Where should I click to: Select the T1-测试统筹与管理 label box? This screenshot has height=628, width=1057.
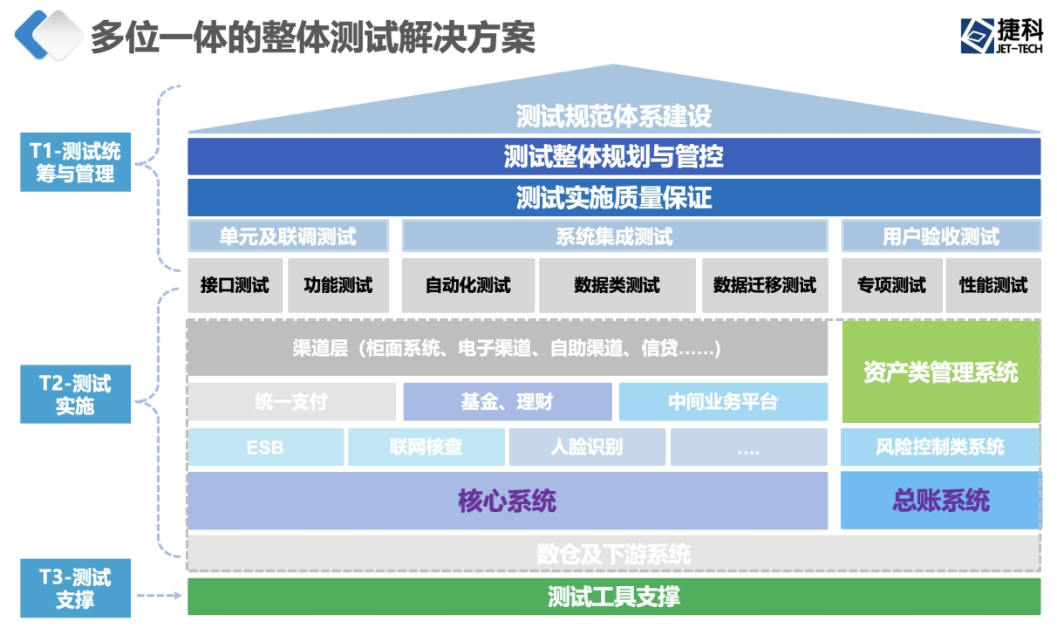coord(75,162)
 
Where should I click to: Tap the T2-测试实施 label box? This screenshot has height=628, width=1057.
coord(75,394)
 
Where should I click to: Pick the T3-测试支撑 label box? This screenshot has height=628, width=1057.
coord(75,588)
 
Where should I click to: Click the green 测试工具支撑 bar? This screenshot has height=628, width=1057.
coord(614,597)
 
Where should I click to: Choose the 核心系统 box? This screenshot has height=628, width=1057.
coord(507,501)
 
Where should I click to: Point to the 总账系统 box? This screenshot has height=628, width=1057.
coord(940,501)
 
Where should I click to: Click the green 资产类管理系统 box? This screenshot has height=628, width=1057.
coord(940,372)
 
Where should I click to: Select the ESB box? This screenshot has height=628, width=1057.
coord(265,447)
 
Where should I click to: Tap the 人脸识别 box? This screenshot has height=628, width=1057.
coord(587,447)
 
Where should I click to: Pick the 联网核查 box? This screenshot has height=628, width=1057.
coord(426,447)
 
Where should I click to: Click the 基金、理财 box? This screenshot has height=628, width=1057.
coord(507,402)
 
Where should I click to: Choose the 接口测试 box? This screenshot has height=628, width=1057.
coord(235,285)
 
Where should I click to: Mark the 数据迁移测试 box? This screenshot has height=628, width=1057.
coord(765,285)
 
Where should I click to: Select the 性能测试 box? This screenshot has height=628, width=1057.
coord(993,285)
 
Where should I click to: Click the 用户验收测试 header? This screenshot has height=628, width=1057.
coord(940,236)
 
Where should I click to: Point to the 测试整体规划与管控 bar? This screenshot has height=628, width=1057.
coord(614,157)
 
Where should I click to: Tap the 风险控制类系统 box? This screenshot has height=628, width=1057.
coord(940,447)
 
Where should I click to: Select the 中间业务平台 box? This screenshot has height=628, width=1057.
coord(723,402)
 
